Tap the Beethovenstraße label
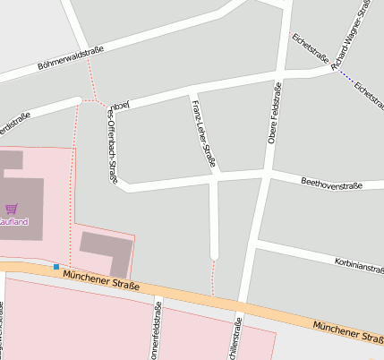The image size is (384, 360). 331,184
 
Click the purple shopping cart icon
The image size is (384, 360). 11,209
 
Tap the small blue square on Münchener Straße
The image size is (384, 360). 56,266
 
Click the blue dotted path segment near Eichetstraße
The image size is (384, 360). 345,76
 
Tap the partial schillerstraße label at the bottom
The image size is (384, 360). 235,341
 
